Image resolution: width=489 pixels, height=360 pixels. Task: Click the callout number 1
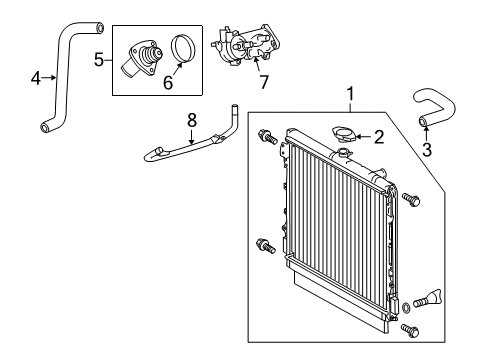350,94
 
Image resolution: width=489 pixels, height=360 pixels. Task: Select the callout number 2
379,137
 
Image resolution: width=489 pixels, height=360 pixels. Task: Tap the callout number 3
427,150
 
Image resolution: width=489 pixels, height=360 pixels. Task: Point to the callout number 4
36,78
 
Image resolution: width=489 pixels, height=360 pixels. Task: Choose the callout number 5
99,60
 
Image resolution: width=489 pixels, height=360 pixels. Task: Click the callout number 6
168,82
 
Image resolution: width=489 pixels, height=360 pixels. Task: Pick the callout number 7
264,82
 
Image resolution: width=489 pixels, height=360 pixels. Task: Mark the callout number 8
192,120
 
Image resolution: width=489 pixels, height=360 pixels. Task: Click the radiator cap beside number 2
342,134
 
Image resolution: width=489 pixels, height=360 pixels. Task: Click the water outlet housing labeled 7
246,44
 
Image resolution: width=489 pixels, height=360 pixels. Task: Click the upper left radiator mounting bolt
267,137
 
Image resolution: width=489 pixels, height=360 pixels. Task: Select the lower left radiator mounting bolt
266,246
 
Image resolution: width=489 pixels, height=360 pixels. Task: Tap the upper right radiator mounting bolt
411,199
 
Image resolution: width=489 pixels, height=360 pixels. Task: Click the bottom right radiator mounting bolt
410,330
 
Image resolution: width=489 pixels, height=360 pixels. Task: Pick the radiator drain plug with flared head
429,298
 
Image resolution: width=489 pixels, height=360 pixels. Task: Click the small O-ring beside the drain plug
406,308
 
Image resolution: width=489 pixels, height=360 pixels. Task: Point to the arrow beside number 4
49,78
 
